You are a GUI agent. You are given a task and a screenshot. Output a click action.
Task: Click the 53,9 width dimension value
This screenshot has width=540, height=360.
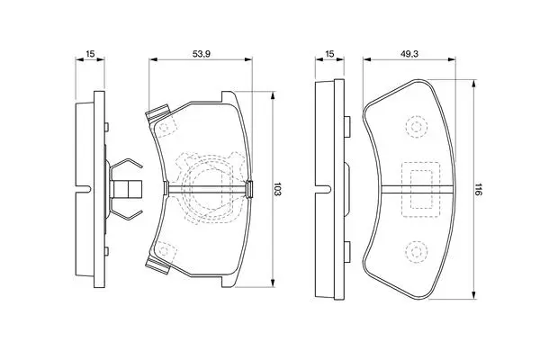point(202,54)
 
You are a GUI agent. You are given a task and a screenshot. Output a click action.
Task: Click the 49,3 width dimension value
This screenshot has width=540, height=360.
point(409,54)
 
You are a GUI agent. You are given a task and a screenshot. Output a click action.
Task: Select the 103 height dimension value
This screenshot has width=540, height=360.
point(278,189)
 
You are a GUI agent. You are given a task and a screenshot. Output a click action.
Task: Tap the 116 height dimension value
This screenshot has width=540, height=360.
point(479,190)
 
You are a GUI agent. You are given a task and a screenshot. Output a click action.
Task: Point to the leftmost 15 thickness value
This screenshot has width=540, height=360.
point(90,54)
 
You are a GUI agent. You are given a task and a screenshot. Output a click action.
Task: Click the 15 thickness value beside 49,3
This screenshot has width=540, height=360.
point(329,54)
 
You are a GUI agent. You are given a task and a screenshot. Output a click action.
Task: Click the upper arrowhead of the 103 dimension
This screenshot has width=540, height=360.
point(273,95)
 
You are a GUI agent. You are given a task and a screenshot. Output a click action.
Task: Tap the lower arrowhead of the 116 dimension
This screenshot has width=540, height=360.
point(474,294)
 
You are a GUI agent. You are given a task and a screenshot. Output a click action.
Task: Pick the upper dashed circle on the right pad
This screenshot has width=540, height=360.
point(417,127)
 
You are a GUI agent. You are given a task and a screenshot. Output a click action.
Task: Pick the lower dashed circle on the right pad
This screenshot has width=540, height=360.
point(417,251)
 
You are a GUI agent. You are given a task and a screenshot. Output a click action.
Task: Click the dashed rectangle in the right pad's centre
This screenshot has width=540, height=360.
point(421,190)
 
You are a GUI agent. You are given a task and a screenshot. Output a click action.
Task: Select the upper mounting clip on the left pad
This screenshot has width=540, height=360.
point(158,112)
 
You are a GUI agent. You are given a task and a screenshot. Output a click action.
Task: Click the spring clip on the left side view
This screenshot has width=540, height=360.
point(126,189)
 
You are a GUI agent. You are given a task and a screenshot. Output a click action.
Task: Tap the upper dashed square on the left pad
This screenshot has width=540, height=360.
point(165,128)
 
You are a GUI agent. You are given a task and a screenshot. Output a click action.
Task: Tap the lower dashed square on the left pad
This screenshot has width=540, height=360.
point(165,250)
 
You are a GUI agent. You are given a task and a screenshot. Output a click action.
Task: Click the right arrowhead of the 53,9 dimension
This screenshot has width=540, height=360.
point(248,59)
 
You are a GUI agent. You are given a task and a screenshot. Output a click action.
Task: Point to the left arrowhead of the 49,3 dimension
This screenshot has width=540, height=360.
point(367,59)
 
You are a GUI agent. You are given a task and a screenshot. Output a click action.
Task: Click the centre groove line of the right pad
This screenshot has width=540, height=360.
point(418,189)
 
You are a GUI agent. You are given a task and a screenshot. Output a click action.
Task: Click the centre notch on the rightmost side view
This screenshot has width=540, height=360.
point(327,189)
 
